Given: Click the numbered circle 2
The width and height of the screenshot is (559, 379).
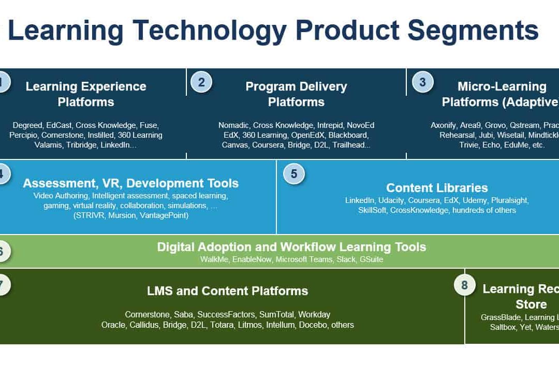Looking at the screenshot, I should [201, 82].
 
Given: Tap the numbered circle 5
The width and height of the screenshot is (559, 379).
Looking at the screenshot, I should [294, 174].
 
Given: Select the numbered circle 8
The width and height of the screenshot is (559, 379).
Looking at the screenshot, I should [464, 285].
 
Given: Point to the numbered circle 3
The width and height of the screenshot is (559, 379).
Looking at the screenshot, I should [422, 82].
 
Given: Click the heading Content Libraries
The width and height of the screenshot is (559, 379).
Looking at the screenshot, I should [437, 188].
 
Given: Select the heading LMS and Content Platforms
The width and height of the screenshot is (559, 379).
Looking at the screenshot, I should [227, 291].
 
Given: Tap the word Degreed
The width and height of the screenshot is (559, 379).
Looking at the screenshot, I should [27, 125].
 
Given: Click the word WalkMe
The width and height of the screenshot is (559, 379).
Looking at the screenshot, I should [214, 259].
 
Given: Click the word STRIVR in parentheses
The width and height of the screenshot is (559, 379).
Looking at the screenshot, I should [91, 215].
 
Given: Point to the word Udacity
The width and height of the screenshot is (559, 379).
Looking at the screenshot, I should [391, 200].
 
